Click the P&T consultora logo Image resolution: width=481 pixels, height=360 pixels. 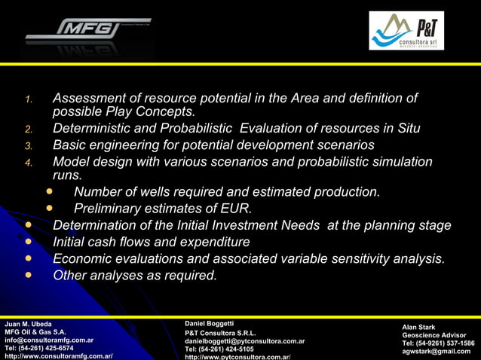pos(406,31)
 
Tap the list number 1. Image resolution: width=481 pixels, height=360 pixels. pos(28,99)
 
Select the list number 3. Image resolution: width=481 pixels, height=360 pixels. pos(28,145)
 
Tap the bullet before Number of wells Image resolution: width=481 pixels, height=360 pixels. pos(51,191)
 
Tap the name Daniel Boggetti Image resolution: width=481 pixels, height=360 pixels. pos(210,323)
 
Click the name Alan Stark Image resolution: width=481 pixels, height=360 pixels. pos(418,327)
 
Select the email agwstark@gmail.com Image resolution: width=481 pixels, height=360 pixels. pos(436,351)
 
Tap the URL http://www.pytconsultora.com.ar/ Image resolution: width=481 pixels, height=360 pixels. pos(237,357)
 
